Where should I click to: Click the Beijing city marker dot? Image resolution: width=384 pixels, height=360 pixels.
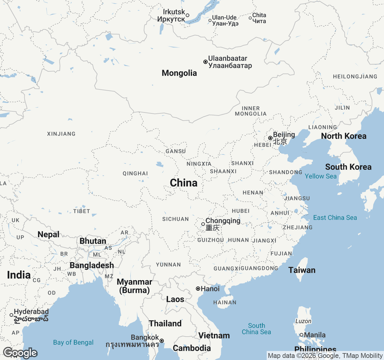point(270,138)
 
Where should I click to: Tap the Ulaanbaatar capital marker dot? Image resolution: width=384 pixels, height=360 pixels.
point(205,62)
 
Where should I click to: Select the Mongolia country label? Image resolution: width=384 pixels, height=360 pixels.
point(179,73)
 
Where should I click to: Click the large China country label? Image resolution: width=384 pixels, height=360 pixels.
point(184,183)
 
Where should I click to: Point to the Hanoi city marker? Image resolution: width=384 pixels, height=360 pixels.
point(198,289)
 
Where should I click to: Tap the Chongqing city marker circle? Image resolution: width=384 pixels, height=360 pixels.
point(203,224)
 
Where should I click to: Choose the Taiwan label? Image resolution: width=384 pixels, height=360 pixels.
point(302,270)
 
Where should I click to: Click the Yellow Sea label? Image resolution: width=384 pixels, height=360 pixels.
point(321,176)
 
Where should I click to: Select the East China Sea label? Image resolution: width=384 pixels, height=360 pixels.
point(335,218)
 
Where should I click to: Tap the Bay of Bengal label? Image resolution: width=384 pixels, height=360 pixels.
point(73,343)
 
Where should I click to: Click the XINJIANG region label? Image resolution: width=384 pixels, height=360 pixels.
point(61,134)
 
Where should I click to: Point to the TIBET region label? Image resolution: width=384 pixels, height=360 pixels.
point(82,211)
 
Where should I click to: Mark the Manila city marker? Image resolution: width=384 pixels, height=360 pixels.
point(301,335)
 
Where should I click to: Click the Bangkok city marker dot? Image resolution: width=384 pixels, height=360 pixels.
point(162,341)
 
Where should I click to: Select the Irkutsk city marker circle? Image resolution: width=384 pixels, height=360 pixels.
point(187,15)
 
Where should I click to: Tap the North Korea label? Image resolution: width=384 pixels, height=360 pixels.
point(344,136)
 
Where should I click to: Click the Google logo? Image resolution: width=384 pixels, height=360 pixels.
point(20,353)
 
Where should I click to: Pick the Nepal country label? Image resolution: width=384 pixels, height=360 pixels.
point(48,235)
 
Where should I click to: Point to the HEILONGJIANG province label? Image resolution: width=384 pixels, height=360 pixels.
point(355,77)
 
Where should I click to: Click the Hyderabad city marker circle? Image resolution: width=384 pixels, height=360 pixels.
point(11,315)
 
